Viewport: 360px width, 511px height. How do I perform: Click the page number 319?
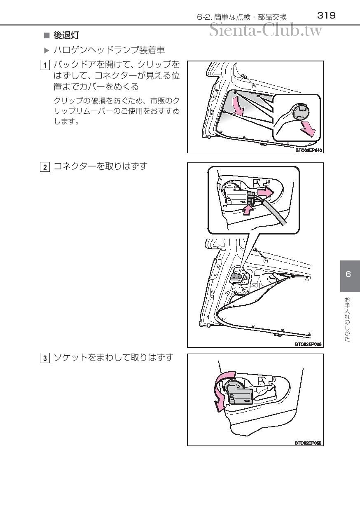(326, 16)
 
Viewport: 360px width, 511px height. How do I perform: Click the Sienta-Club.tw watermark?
(266, 30)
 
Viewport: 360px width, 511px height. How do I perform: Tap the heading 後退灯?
(66, 35)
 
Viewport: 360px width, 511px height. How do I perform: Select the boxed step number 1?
(45, 65)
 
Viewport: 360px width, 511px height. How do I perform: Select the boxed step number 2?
(45, 167)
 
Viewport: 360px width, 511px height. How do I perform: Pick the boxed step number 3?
(45, 358)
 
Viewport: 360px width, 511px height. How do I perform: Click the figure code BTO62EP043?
(309, 150)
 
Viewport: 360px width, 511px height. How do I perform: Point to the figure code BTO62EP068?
(308, 344)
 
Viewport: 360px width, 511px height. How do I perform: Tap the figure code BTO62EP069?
(308, 443)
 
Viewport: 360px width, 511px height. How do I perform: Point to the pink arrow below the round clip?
(308, 129)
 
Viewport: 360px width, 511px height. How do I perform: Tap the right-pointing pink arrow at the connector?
(265, 193)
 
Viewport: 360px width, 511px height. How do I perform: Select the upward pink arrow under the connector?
(248, 210)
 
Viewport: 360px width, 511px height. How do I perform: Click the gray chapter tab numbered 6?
(350, 276)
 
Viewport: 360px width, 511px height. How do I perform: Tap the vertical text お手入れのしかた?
(347, 319)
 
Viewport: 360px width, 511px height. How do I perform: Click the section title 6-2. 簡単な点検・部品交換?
(242, 17)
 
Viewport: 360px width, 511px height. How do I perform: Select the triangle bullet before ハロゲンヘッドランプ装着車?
(47, 50)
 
